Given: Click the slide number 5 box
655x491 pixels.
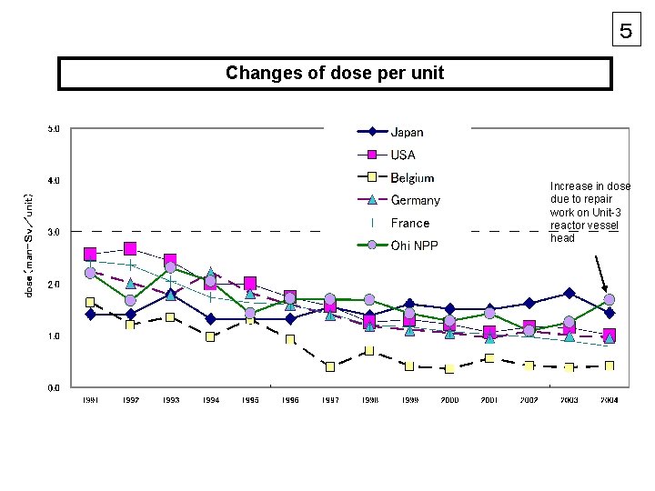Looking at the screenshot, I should [x=625, y=30].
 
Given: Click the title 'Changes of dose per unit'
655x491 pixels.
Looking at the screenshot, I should [x=335, y=74].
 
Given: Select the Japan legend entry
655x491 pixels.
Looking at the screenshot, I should [x=407, y=133].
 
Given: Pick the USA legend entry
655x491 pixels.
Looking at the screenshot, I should [x=403, y=155].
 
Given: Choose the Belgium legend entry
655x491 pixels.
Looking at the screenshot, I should [x=412, y=178].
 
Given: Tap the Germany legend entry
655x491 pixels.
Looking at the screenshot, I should [x=415, y=200].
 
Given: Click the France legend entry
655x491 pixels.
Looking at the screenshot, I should [x=409, y=223].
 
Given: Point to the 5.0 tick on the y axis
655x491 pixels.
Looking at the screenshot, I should [x=53, y=129].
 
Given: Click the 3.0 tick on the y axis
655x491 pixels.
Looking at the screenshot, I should [x=53, y=232].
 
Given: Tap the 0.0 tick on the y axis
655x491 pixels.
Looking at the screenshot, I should [x=53, y=388].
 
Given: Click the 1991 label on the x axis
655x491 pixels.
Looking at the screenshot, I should [x=90, y=399].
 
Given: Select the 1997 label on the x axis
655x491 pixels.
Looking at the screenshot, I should [x=330, y=399].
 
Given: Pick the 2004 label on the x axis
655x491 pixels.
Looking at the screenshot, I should [x=610, y=399].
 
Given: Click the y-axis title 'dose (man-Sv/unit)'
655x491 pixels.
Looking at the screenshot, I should [x=29, y=245].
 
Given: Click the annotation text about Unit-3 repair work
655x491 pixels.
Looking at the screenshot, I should [x=589, y=212].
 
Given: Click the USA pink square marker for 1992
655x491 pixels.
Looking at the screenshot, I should [x=130, y=248].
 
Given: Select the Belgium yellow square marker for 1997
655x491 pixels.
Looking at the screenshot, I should [x=330, y=367].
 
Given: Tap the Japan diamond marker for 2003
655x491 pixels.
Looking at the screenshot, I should [x=569, y=294].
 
